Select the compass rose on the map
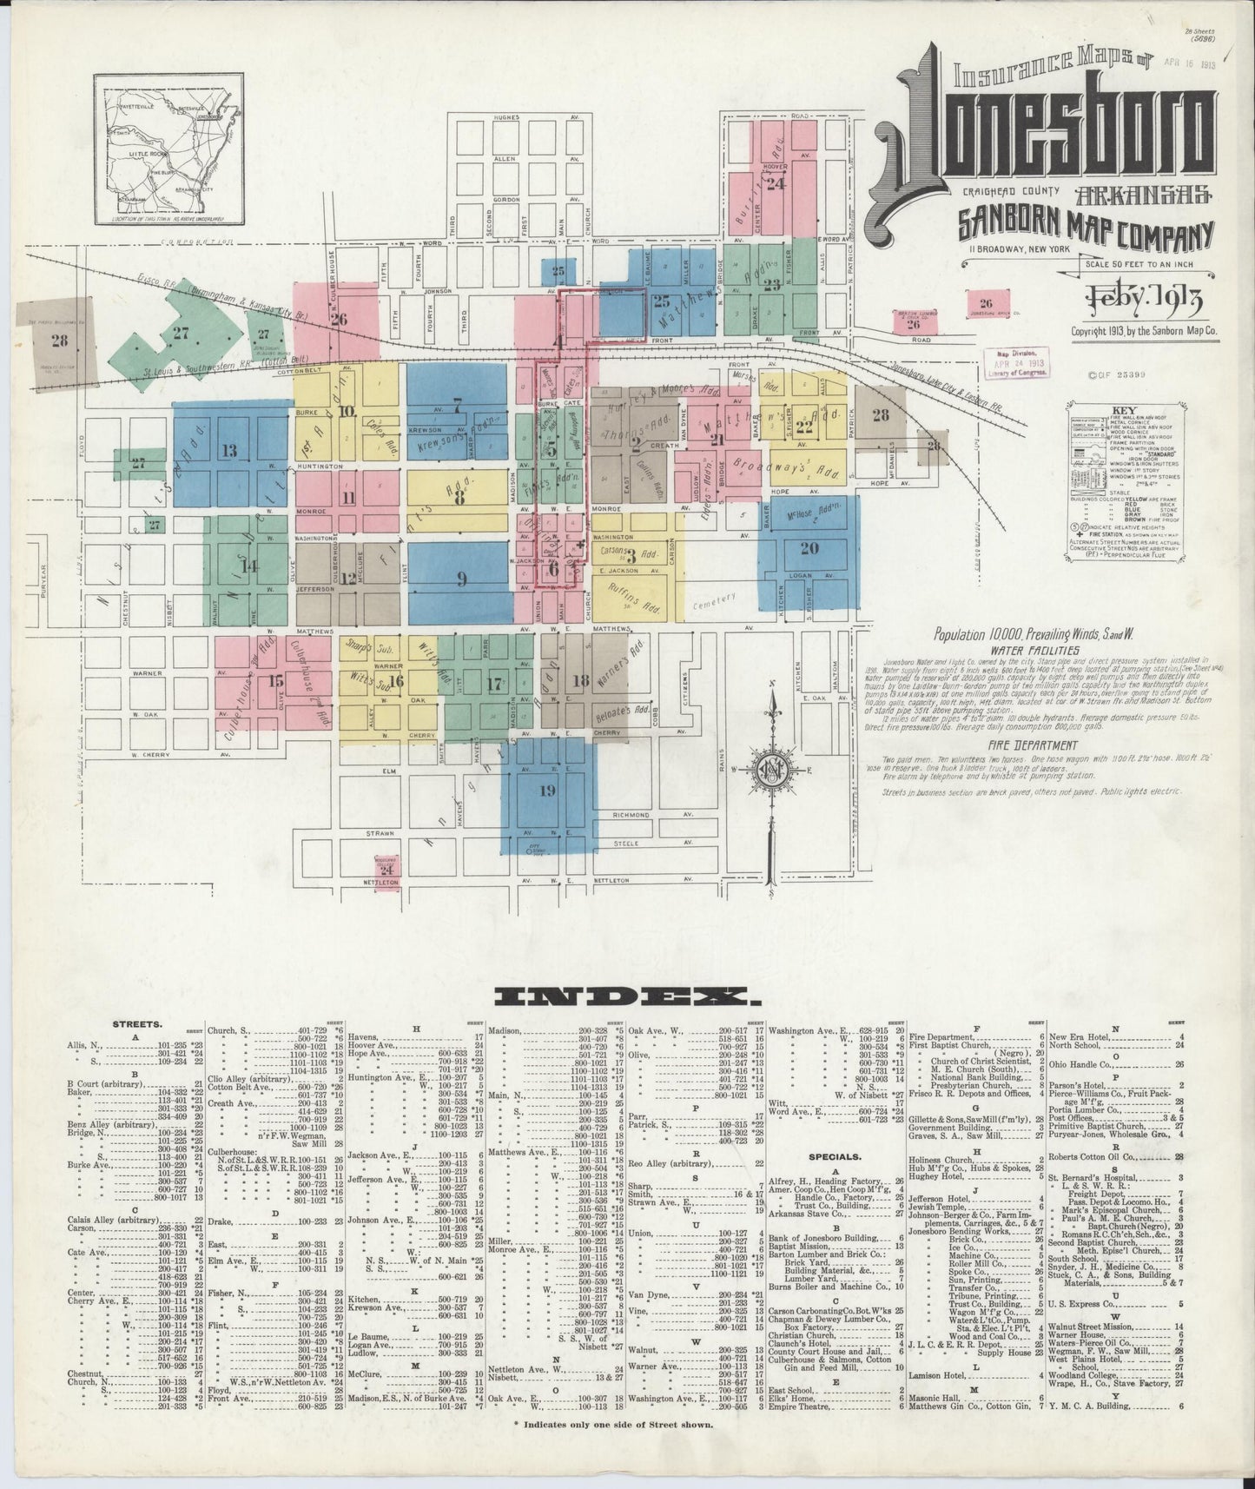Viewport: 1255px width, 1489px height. pyautogui.click(x=770, y=769)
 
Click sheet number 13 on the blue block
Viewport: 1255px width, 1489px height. pyautogui.click(x=229, y=451)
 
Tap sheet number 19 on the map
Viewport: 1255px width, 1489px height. pyautogui.click(x=546, y=791)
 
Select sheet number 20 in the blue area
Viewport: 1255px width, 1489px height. pyautogui.click(x=809, y=548)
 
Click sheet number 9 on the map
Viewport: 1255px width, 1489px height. pyautogui.click(x=461, y=579)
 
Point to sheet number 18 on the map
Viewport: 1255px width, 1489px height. pyautogui.click(x=581, y=679)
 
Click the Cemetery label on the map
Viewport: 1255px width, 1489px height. pyautogui.click(x=714, y=599)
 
